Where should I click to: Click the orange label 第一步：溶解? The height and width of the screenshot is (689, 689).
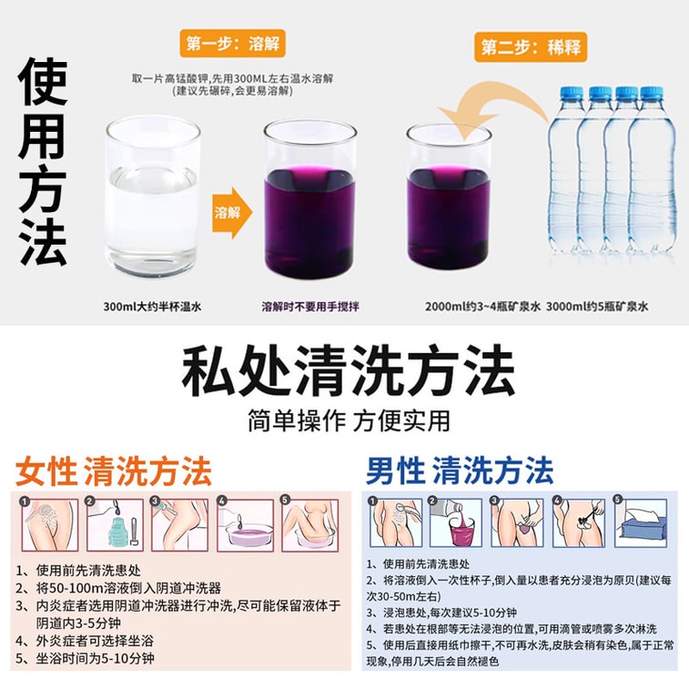point(232,43)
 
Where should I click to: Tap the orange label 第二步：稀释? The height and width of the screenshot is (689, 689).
point(531,46)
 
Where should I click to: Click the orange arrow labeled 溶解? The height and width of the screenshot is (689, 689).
point(232,213)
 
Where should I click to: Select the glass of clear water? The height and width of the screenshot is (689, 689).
point(153,197)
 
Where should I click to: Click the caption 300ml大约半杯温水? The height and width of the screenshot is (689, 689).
point(152,306)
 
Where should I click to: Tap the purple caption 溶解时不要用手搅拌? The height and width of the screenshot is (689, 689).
point(310,306)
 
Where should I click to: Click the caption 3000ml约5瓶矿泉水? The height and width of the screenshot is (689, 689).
point(597,306)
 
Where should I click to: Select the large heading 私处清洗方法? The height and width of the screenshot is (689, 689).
point(348,370)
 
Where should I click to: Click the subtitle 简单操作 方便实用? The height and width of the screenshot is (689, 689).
point(349,420)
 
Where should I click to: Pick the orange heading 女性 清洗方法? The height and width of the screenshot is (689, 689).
point(114,471)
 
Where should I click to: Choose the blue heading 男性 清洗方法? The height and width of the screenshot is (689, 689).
point(460,471)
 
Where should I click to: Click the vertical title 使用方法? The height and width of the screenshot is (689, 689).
point(43,161)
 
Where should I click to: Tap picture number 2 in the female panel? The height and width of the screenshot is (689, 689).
point(115,524)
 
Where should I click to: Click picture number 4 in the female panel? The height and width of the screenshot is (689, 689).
point(245,524)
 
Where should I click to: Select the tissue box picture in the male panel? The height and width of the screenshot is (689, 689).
point(641,522)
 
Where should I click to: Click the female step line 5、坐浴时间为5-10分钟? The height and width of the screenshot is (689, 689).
point(85,658)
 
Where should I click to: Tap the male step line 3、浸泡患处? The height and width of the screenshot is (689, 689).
point(441,613)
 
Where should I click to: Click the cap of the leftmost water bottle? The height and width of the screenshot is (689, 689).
point(571,94)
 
